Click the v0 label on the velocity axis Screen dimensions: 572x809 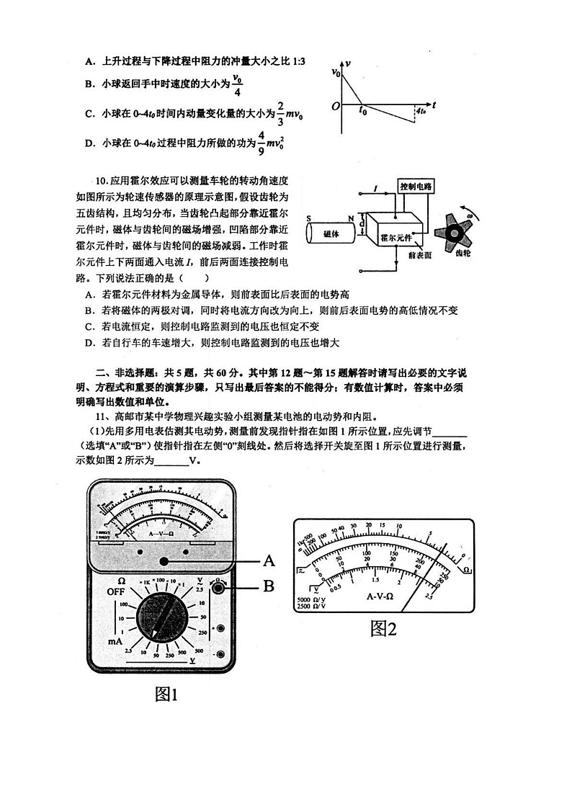336,73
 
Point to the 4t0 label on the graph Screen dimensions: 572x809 422,112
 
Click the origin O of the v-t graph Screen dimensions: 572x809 336,107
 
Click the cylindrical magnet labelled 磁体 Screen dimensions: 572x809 333,233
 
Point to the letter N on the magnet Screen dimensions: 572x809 351,218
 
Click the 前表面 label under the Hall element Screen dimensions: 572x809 419,255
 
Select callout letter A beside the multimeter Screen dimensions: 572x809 269,560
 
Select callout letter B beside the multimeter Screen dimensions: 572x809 269,587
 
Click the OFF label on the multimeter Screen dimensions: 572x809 117,591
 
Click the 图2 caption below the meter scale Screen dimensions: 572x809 383,629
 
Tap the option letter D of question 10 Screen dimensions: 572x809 88,343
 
